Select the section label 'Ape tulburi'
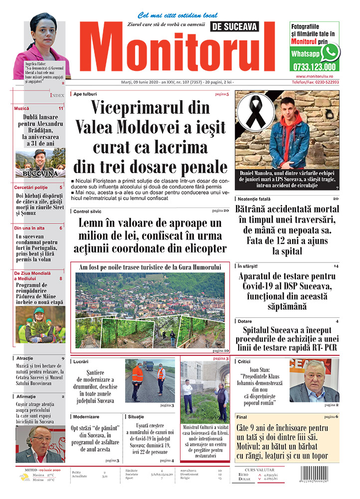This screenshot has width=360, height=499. (85, 94)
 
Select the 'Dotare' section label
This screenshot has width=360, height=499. (245, 321)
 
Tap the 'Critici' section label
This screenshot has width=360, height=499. (244, 361)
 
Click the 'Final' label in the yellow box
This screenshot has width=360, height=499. (242, 416)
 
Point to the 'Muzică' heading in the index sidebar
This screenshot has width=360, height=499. (22, 108)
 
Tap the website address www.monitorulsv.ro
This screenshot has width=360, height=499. (314, 76)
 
